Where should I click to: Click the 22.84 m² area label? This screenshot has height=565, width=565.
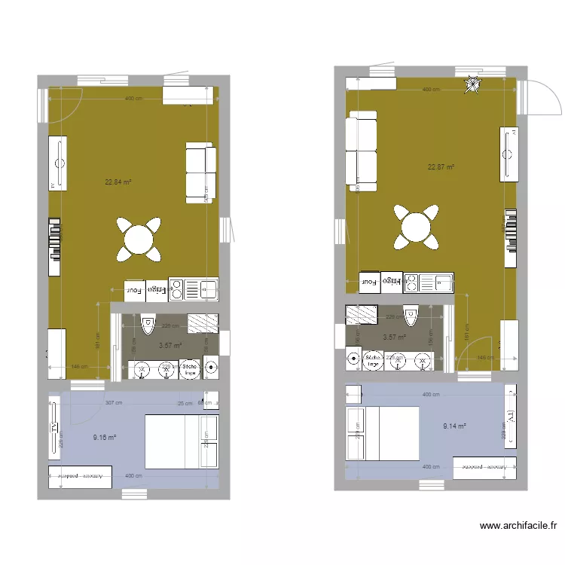118,182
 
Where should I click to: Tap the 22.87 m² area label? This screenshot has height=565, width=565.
441,167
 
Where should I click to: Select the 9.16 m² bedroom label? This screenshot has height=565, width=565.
105,437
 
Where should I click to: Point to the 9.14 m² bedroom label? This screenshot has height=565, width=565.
455,426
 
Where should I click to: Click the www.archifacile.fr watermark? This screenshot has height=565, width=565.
518,527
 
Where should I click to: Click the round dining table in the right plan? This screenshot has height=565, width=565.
416,228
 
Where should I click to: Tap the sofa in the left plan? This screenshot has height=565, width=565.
201,173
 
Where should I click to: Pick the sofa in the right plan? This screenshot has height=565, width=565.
362,147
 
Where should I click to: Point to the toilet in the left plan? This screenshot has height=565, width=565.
148,324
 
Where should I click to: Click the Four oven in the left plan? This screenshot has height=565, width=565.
134,289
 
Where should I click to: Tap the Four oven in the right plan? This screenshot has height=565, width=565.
370,282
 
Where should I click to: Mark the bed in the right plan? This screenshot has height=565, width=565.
383,433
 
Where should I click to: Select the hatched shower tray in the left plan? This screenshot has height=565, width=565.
203,322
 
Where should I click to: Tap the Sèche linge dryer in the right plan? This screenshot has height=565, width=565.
373,360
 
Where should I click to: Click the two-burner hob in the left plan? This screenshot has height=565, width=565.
176,288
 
